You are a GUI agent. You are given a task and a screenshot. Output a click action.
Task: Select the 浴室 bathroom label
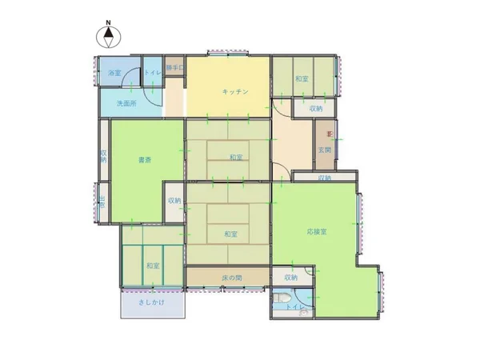(x=114, y=74)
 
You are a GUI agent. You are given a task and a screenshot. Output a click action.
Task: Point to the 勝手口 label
(x=174, y=68)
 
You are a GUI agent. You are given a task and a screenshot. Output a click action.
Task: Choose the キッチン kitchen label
(x=234, y=92)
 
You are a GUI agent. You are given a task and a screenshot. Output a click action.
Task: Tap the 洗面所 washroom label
(x=126, y=104)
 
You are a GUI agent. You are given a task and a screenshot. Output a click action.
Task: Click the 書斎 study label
(x=144, y=160)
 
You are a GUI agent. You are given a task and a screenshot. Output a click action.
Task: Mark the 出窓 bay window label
(x=102, y=202)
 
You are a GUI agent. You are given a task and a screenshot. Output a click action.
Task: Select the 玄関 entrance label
(x=326, y=150)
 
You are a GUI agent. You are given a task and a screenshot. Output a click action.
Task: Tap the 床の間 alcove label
(x=232, y=278)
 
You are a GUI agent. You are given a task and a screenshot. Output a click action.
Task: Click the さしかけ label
(x=151, y=302)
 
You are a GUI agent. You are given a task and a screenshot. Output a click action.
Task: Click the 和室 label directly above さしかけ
(x=152, y=265)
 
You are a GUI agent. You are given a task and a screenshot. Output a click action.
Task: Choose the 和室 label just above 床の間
(x=230, y=234)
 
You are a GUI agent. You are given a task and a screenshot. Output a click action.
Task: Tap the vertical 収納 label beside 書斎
(x=104, y=156)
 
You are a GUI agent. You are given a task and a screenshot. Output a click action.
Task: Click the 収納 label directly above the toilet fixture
(x=290, y=278)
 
